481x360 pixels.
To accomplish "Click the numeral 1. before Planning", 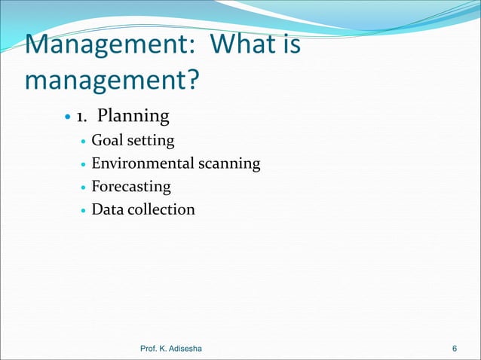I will click(81, 117).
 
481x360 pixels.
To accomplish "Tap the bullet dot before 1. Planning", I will click(67, 117).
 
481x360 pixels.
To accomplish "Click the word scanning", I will click(231, 163).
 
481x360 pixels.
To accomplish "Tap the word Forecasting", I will click(131, 186).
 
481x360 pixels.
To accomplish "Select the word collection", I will click(162, 209).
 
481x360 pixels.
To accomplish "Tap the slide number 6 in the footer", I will click(454, 348).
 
